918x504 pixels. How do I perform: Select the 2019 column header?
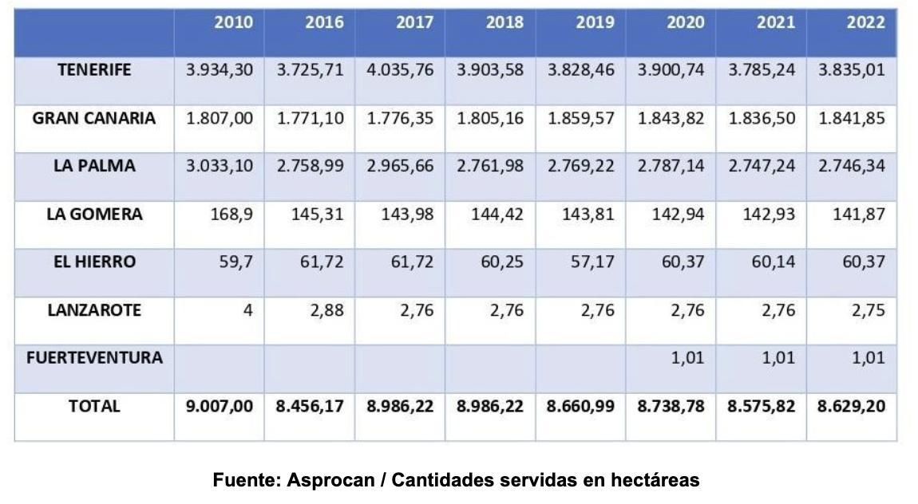pyautogui.click(x=595, y=22)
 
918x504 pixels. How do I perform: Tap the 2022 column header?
pyautogui.click(x=865, y=22)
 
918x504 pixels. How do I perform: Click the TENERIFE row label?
pyautogui.click(x=94, y=70)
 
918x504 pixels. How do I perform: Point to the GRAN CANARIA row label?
pyautogui.click(x=94, y=119)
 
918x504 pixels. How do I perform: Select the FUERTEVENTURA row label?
pyautogui.click(x=94, y=358)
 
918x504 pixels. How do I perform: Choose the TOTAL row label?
pyautogui.click(x=94, y=406)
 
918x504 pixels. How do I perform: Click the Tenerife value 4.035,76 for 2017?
pyautogui.click(x=400, y=70)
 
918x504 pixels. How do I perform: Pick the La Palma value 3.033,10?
pyautogui.click(x=220, y=167)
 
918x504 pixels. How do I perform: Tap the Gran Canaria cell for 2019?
pyautogui.click(x=581, y=119)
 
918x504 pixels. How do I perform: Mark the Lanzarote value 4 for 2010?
pyautogui.click(x=247, y=310)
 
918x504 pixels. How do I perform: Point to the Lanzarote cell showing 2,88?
pyautogui.click(x=327, y=310)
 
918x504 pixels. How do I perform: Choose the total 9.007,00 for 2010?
pyautogui.click(x=220, y=407)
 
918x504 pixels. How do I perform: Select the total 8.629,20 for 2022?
pyautogui.click(x=851, y=407)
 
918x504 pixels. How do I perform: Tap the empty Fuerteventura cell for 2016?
pyautogui.click(x=310, y=368)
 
